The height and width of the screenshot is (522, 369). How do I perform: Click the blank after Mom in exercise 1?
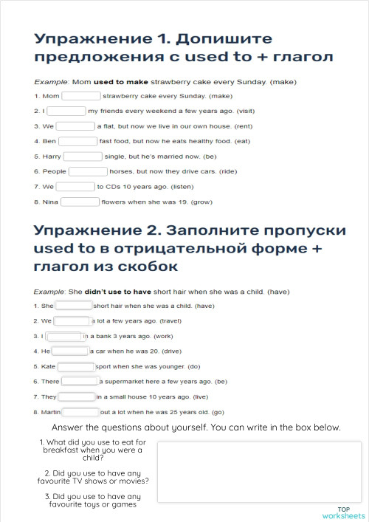81,96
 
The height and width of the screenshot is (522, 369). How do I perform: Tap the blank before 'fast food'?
77,141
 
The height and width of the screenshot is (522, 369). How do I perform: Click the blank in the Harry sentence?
83,157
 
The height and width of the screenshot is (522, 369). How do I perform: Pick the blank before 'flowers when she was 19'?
80,202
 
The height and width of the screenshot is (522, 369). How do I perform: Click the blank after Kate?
76,366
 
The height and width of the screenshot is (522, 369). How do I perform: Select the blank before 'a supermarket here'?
80,382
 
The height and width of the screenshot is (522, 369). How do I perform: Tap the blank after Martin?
80,412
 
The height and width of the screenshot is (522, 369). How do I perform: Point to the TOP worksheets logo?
343,513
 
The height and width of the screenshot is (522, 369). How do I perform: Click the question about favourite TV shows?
97,477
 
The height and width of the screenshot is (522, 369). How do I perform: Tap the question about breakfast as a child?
93,450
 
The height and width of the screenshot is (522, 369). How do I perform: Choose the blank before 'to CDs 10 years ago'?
76,187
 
